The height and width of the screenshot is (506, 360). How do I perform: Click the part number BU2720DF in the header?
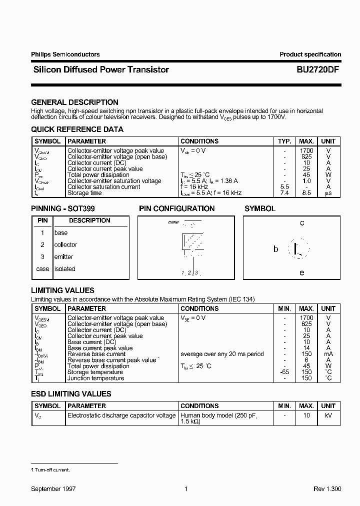click(314, 70)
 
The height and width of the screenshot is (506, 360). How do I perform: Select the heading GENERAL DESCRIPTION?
click(74, 102)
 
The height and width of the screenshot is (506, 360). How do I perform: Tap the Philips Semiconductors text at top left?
click(65, 54)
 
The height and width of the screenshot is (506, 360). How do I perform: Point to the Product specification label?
click(310, 54)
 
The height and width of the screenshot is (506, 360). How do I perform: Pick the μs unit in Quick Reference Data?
click(328, 193)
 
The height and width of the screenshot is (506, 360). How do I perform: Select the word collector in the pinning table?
click(65, 245)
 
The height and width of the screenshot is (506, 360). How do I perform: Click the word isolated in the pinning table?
click(64, 269)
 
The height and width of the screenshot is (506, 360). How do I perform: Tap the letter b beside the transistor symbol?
click(275, 249)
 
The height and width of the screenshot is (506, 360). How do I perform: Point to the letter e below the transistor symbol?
click(302, 272)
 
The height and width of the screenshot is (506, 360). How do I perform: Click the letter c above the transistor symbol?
click(302, 223)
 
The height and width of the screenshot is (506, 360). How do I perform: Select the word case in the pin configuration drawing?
click(173, 221)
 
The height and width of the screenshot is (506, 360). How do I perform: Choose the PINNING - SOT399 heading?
click(63, 208)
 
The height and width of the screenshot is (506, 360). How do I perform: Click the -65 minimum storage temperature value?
click(284, 372)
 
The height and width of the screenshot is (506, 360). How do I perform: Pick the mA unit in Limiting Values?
click(328, 354)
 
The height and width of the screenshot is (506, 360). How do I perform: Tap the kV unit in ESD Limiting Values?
click(328, 415)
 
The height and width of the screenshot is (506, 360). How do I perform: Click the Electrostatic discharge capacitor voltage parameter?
click(121, 415)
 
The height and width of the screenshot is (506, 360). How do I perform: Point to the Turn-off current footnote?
click(51, 470)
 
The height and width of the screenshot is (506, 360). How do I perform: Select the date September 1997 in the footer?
click(53, 489)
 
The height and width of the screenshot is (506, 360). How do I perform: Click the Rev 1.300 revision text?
click(327, 489)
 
